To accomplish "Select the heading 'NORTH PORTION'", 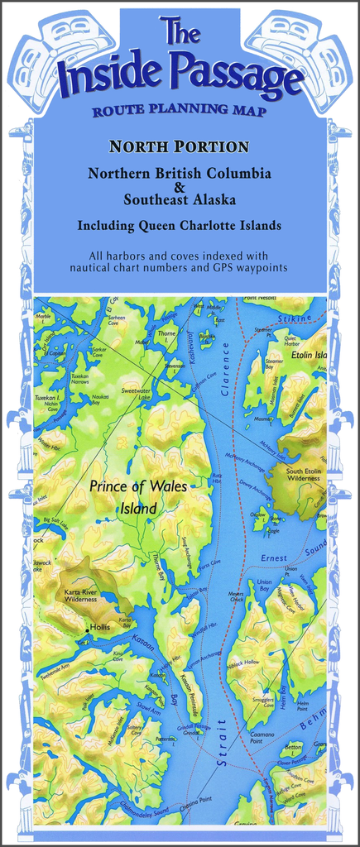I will pos(180,147).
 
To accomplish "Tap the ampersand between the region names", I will pos(180,187).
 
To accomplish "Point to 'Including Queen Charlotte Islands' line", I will pos(180,225).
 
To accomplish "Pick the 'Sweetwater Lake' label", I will pos(137,393).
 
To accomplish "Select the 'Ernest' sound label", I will pos(274,558).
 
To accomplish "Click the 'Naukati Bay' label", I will pos(100,400).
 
